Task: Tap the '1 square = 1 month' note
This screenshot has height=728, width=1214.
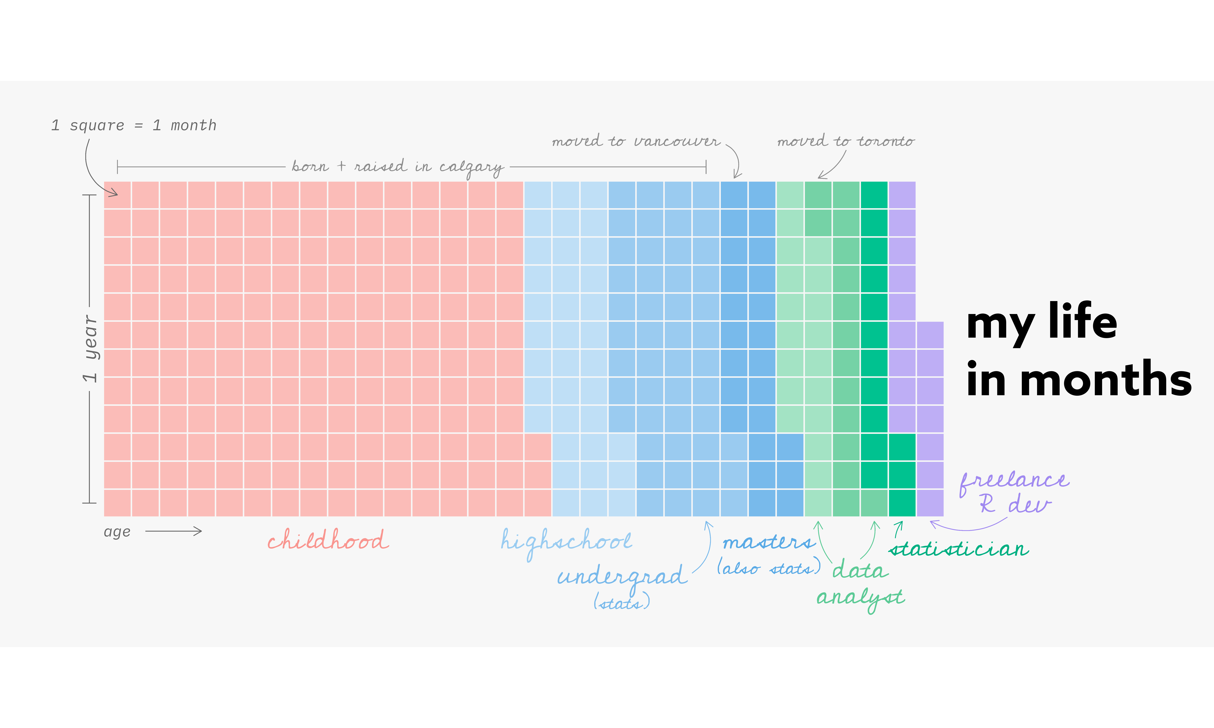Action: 134,126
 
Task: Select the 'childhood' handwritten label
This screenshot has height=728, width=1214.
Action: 328,540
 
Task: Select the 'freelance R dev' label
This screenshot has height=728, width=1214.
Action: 1014,492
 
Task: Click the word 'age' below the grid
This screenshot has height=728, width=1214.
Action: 117,532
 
